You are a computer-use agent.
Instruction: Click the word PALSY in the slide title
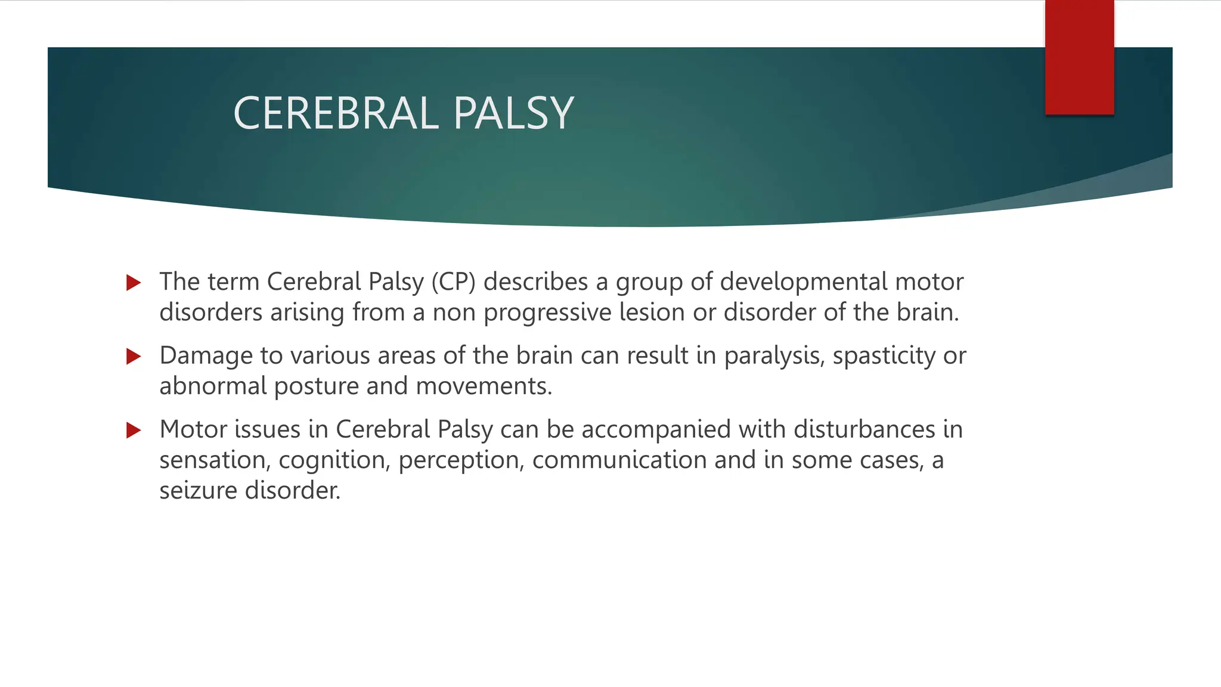point(513,113)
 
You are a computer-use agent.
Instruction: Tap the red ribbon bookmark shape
point(1079,57)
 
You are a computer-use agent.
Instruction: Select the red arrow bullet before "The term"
point(134,283)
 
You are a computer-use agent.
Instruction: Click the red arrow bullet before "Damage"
point(134,357)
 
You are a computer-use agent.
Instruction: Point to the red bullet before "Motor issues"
point(134,430)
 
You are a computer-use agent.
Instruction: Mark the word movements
point(484,386)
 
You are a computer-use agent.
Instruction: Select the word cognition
point(334,460)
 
